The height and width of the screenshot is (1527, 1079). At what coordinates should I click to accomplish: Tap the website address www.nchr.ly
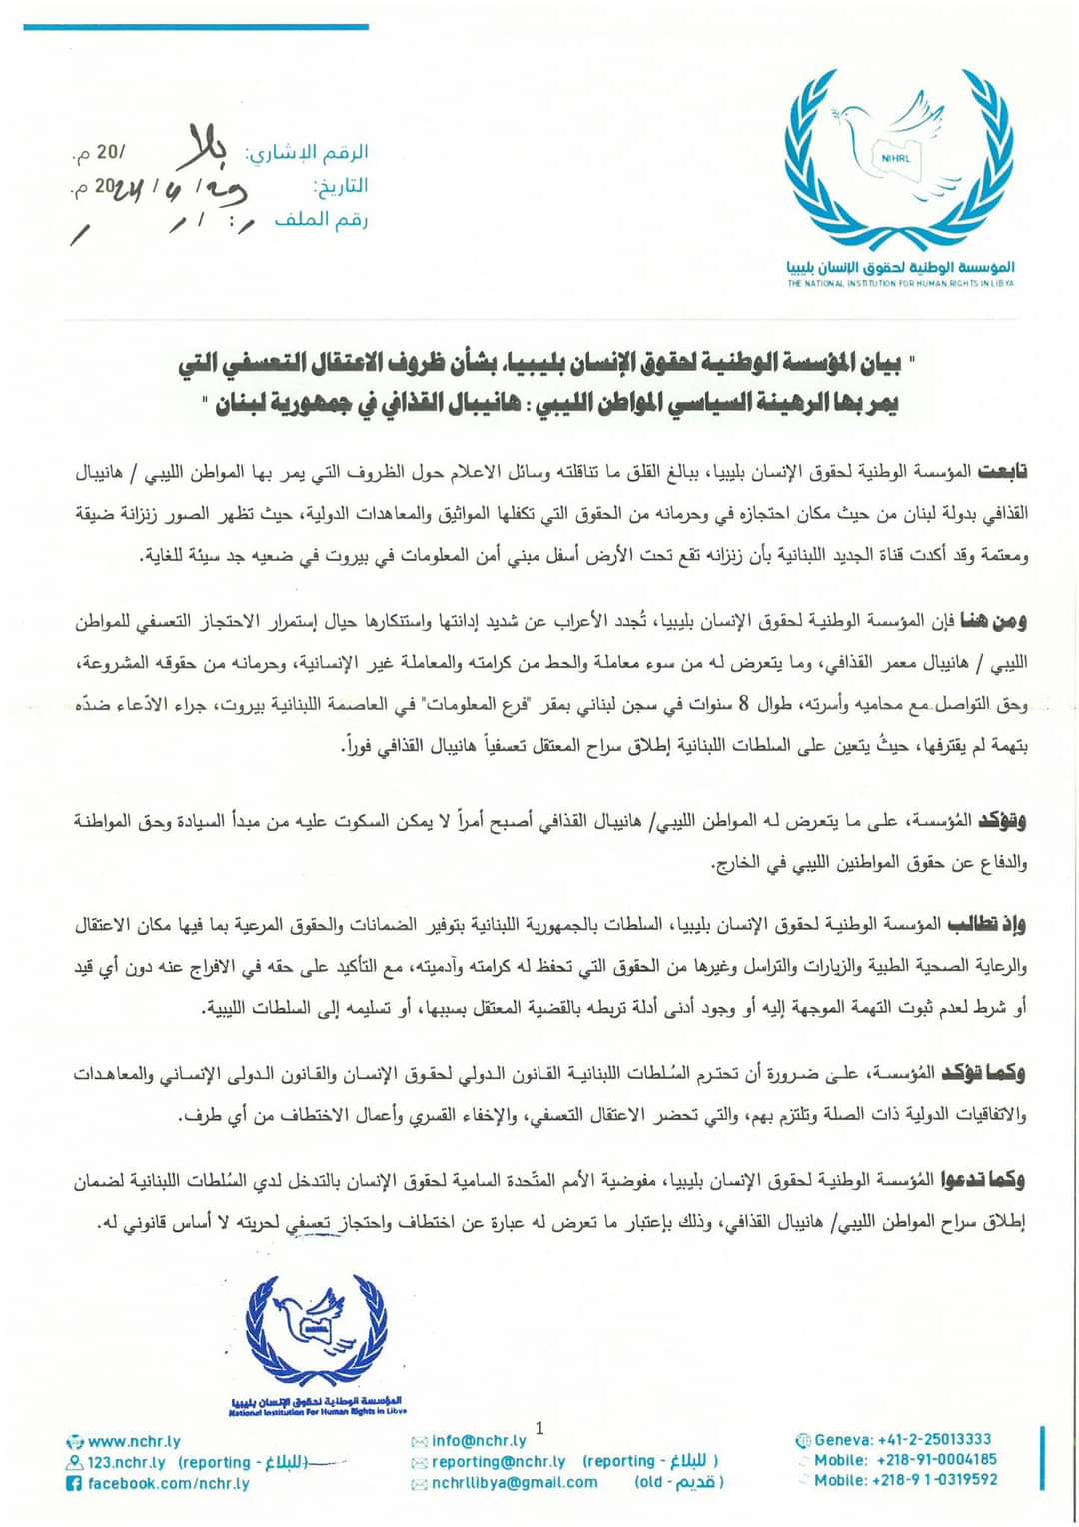[x=134, y=1441]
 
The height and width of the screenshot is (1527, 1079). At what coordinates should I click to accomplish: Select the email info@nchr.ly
[x=479, y=1441]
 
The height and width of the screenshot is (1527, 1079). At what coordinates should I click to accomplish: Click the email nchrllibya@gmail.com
[x=515, y=1483]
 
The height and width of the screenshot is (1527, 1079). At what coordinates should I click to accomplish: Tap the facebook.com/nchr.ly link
[x=168, y=1483]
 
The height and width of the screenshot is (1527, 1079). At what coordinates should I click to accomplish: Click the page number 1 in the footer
[x=540, y=1428]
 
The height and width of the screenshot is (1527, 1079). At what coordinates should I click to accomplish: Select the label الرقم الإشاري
[x=308, y=153]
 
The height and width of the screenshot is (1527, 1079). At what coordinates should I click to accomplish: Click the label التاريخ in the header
[x=340, y=186]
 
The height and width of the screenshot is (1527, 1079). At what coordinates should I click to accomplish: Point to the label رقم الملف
[x=321, y=220]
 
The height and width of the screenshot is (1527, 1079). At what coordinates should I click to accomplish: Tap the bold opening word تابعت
[x=1002, y=471]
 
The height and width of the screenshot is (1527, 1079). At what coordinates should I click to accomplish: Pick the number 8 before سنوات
[x=742, y=704]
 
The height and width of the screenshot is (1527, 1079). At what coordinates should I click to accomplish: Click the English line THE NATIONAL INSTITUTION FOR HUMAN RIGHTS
[x=900, y=284]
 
